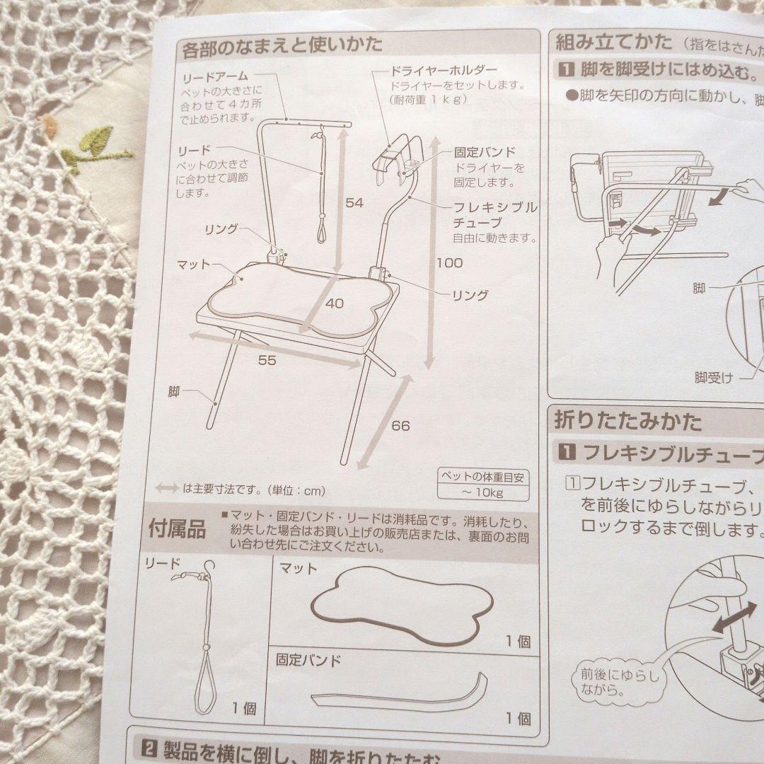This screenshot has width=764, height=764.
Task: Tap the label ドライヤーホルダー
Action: pyautogui.click(x=444, y=71)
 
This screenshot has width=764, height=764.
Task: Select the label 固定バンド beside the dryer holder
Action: pyautogui.click(x=485, y=152)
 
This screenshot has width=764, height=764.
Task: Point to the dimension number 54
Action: pyautogui.click(x=354, y=203)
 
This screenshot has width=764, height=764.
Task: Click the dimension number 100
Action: pyautogui.click(x=449, y=263)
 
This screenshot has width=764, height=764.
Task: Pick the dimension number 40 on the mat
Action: pyautogui.click(x=335, y=303)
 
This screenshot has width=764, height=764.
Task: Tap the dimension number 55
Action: pyautogui.click(x=267, y=360)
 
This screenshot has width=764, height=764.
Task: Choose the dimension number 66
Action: pyautogui.click(x=400, y=426)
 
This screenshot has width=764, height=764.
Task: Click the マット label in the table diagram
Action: pyautogui.click(x=195, y=265)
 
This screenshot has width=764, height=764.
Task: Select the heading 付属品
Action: pyautogui.click(x=177, y=528)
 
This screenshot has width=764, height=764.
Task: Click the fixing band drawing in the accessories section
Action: pyautogui.click(x=400, y=694)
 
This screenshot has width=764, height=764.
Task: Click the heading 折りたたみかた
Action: pyautogui.click(x=628, y=422)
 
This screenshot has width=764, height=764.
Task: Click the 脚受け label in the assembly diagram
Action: pyautogui.click(x=713, y=378)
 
